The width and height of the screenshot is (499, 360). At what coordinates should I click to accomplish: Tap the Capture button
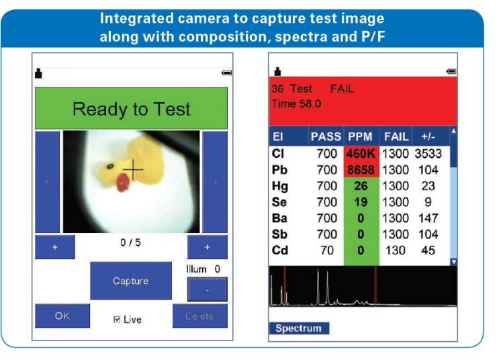(131, 281)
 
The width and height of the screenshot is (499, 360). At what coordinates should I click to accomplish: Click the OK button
(62, 316)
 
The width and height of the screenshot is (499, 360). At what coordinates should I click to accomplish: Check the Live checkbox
(117, 319)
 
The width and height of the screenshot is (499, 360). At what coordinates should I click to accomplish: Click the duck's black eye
(110, 166)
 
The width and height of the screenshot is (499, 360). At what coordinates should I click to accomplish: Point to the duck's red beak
(123, 183)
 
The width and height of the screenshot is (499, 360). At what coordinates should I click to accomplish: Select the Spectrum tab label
(298, 328)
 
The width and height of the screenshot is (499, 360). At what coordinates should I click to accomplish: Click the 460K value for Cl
(361, 154)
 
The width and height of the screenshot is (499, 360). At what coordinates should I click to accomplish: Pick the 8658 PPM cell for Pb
(361, 170)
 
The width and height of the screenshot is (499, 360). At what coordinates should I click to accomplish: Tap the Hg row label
(280, 186)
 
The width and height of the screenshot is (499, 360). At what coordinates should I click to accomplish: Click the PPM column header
(360, 136)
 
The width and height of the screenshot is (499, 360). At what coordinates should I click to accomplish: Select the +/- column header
(428, 136)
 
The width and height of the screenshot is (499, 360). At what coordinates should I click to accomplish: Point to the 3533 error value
(428, 154)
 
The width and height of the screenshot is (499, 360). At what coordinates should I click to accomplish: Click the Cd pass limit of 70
(327, 251)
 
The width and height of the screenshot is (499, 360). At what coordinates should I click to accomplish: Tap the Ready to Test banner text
(132, 109)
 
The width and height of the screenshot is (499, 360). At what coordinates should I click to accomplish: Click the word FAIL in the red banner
(342, 89)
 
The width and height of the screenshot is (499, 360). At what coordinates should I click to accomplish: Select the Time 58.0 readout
(296, 103)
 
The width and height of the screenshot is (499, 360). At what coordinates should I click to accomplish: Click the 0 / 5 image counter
(130, 242)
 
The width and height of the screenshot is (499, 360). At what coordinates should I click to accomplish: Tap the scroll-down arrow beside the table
(454, 262)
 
